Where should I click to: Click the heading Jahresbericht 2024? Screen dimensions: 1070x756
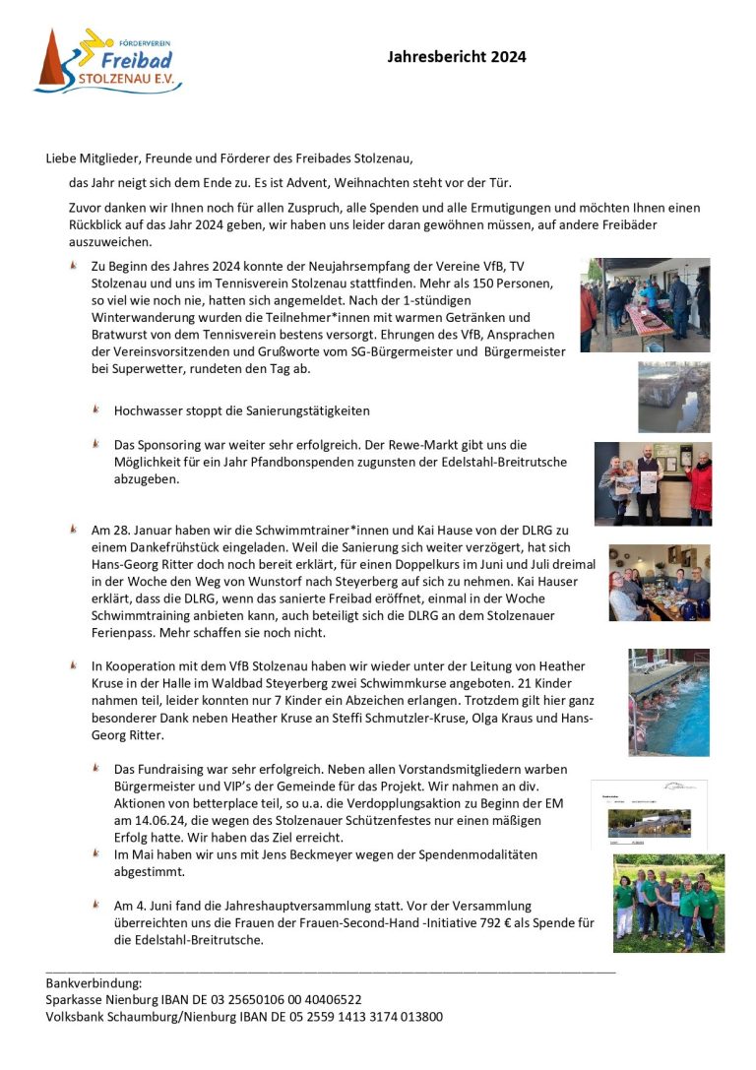click(x=457, y=57)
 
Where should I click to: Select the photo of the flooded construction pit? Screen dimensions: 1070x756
click(x=673, y=397)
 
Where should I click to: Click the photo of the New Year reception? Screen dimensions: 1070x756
click(x=645, y=305)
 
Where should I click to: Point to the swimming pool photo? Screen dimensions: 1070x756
click(x=669, y=702)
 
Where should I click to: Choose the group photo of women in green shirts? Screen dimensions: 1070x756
click(x=668, y=903)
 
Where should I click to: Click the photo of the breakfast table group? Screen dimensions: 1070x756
click(x=659, y=583)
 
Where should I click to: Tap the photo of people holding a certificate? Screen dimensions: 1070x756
click(x=653, y=482)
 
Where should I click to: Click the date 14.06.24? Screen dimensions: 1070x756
click(x=150, y=820)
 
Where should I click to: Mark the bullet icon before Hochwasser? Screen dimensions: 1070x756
click(x=96, y=409)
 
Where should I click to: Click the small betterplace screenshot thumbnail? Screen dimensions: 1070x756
click(x=649, y=814)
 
